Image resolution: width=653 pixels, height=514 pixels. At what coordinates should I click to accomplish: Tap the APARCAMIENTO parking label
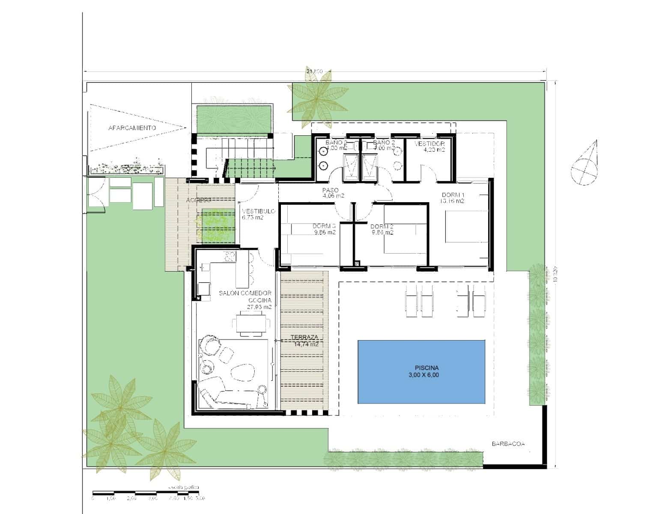tap(132, 128)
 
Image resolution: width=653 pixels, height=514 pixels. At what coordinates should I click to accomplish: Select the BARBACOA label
tap(508, 444)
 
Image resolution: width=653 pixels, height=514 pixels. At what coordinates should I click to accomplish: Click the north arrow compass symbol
tap(585, 164)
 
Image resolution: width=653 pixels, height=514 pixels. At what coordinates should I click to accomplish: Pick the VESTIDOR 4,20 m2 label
tap(429, 146)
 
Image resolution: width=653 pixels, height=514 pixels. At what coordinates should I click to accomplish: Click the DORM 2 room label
tap(382, 229)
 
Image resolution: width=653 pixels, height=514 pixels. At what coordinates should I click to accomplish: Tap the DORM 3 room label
tap(324, 229)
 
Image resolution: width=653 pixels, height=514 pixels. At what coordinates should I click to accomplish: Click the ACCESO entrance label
tap(199, 200)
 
